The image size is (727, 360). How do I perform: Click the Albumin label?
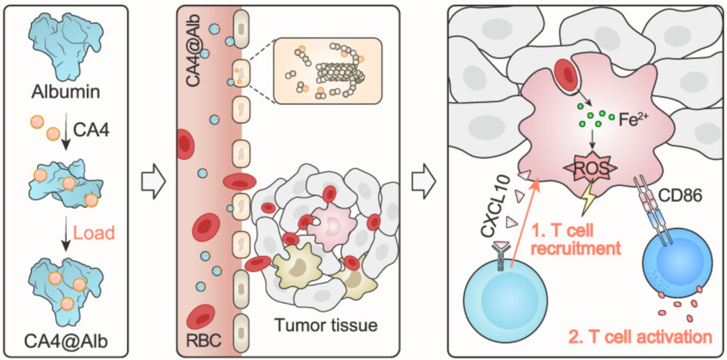pyautogui.click(x=69, y=91)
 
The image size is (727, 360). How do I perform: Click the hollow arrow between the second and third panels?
pyautogui.click(x=424, y=180)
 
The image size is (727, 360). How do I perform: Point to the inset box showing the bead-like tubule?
pyautogui.click(x=327, y=71)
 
